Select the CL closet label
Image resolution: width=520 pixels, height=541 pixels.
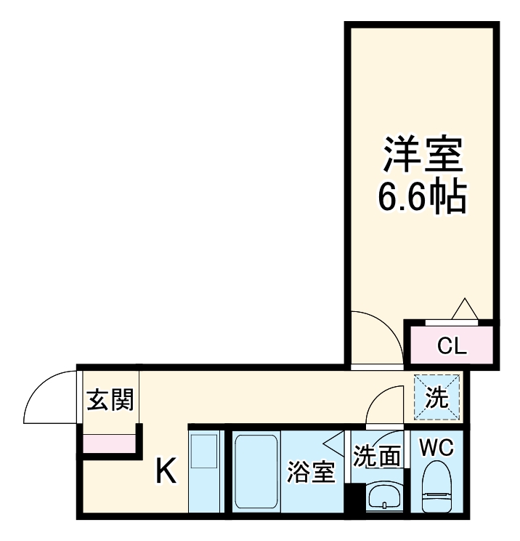(452, 344)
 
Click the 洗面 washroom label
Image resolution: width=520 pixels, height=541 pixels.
(377, 457)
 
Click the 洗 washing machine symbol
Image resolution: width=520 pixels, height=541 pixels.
(437, 398)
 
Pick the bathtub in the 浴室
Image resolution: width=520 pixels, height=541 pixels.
(256, 473)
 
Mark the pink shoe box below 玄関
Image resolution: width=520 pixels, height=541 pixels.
(109, 443)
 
